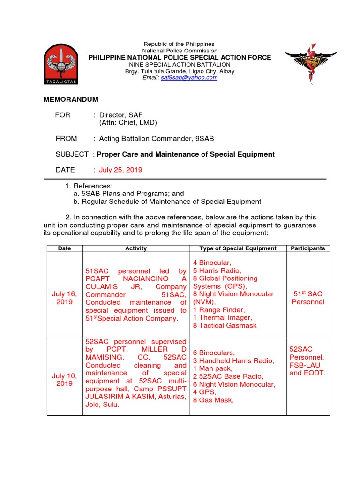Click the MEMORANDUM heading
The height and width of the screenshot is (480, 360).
tap(71, 100)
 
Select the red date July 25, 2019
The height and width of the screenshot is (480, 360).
tap(120, 170)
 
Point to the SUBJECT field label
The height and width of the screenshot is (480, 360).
tap(72, 154)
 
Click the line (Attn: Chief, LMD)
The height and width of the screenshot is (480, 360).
tap(128, 123)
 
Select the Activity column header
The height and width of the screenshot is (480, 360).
tap(136, 248)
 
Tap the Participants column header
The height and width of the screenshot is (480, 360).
tap(307, 248)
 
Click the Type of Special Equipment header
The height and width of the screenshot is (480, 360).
tap(238, 248)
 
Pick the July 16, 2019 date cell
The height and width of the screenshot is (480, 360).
tap(64, 298)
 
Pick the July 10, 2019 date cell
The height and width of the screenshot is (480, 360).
tap(64, 380)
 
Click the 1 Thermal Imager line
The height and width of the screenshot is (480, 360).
tap(222, 318)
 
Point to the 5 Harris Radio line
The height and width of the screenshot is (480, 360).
tap(217, 270)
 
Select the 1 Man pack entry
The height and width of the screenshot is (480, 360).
tap(212, 368)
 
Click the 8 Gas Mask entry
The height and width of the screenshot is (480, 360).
tap(213, 400)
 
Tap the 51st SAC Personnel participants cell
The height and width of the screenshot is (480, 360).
tap(307, 298)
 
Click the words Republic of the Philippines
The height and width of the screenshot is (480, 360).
tap(180, 44)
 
